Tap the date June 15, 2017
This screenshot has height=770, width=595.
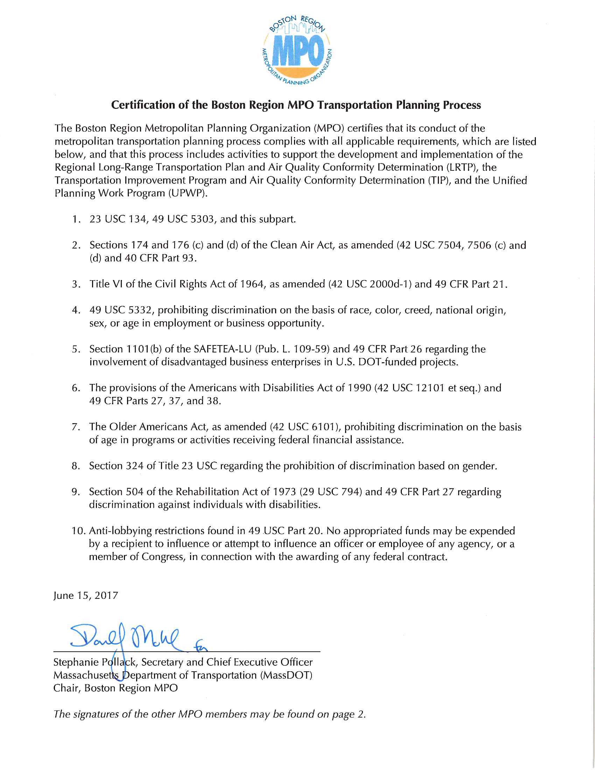(86, 595)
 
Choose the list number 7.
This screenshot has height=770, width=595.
(76, 427)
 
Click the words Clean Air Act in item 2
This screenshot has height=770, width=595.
(301, 245)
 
